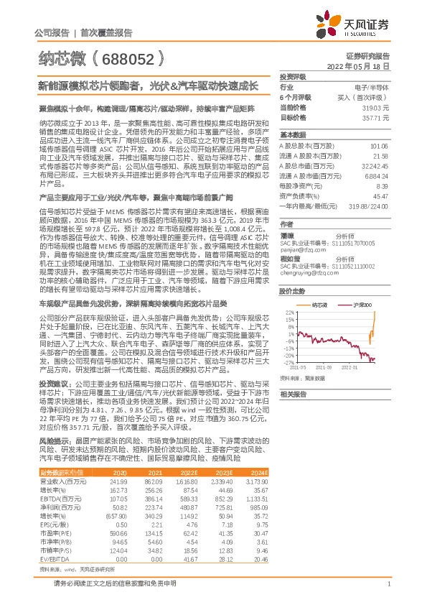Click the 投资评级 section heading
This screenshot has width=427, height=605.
[293, 76]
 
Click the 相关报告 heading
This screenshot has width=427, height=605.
[294, 415]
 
